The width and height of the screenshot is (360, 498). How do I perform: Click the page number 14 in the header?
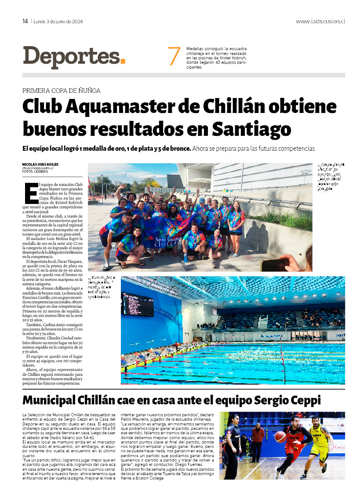click(25, 21)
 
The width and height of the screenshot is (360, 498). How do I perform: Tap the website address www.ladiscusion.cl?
click(320, 21)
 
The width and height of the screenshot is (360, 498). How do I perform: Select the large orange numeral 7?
click(174, 57)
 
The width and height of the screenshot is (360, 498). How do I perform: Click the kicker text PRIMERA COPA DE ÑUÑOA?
click(62, 91)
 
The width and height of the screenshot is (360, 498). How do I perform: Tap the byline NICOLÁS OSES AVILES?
click(40, 164)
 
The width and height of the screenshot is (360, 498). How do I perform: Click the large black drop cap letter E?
click(31, 193)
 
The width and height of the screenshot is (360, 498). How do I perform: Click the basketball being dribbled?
click(280, 436)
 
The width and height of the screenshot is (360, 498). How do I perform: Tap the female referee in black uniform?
click(233, 444)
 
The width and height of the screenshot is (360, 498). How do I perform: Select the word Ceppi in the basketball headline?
click(305, 401)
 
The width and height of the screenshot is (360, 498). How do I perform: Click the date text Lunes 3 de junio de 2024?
click(58, 21)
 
